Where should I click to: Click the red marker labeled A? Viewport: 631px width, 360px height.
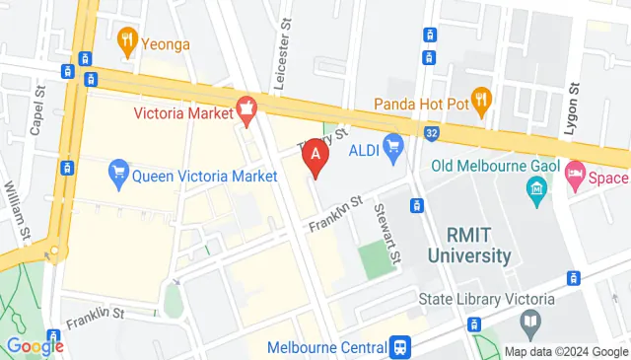click(x=315, y=155)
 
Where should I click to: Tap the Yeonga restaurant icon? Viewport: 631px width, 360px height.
click(x=126, y=40)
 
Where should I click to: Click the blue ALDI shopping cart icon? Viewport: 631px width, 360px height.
click(x=394, y=149)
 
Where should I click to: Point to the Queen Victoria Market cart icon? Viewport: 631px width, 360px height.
click(x=118, y=175)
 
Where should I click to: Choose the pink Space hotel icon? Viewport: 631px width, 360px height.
click(x=575, y=177)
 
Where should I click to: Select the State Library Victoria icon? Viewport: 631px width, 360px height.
click(x=530, y=322)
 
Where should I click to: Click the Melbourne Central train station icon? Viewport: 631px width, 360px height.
click(x=401, y=347)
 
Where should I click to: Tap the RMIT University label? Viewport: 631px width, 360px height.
click(x=469, y=246)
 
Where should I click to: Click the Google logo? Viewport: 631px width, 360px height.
click(x=35, y=346)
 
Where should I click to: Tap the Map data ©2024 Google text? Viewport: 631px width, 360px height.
click(x=565, y=351)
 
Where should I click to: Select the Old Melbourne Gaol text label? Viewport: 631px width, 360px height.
click(x=494, y=165)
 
